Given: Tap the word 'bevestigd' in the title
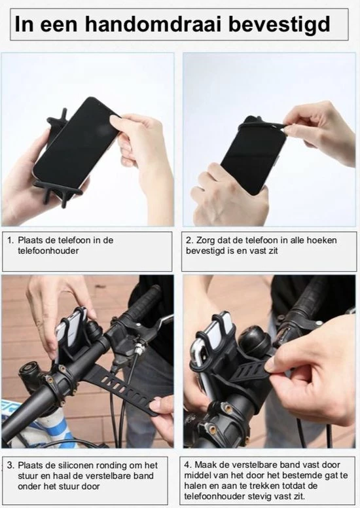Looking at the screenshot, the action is point(279,25).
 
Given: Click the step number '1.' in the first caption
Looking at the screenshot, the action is point(10,240).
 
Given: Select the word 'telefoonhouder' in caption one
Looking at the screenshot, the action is point(48,251).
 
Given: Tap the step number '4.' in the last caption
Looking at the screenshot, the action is point(189,465).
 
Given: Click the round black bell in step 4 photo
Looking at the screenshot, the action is point(255,343).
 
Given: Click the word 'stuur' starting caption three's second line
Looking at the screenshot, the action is point(28,476).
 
